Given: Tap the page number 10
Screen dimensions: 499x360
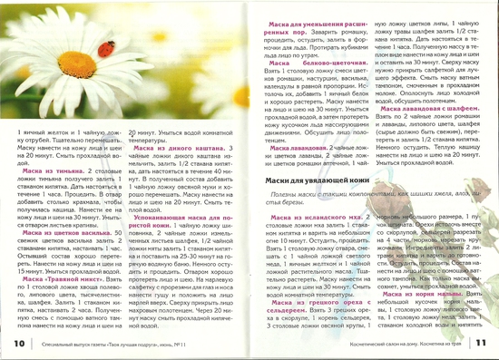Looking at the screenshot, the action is tap(20, 342).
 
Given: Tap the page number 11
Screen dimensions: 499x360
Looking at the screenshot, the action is tap(480, 342).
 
